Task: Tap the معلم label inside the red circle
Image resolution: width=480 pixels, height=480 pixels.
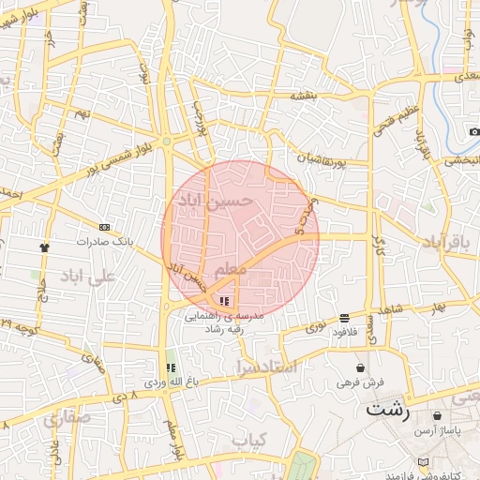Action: (230, 270)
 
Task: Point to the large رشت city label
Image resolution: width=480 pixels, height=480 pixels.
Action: (387, 410)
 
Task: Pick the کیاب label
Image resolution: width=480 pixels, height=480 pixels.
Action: (250, 439)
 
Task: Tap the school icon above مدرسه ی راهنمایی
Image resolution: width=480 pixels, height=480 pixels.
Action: (224, 301)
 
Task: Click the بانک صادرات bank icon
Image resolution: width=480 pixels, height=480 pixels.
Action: (104, 227)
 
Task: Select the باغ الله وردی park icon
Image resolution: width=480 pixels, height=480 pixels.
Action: (171, 367)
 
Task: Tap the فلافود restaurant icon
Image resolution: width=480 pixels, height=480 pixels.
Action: (345, 318)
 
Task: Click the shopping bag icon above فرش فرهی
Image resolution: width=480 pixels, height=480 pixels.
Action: (362, 367)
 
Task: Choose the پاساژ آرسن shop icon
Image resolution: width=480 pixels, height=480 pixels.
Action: (436, 415)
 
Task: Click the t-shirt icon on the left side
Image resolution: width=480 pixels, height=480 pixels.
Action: (43, 247)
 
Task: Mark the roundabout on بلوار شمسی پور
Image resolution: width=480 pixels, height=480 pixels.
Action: (166, 142)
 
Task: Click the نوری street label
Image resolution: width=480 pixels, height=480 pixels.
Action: (316, 328)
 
